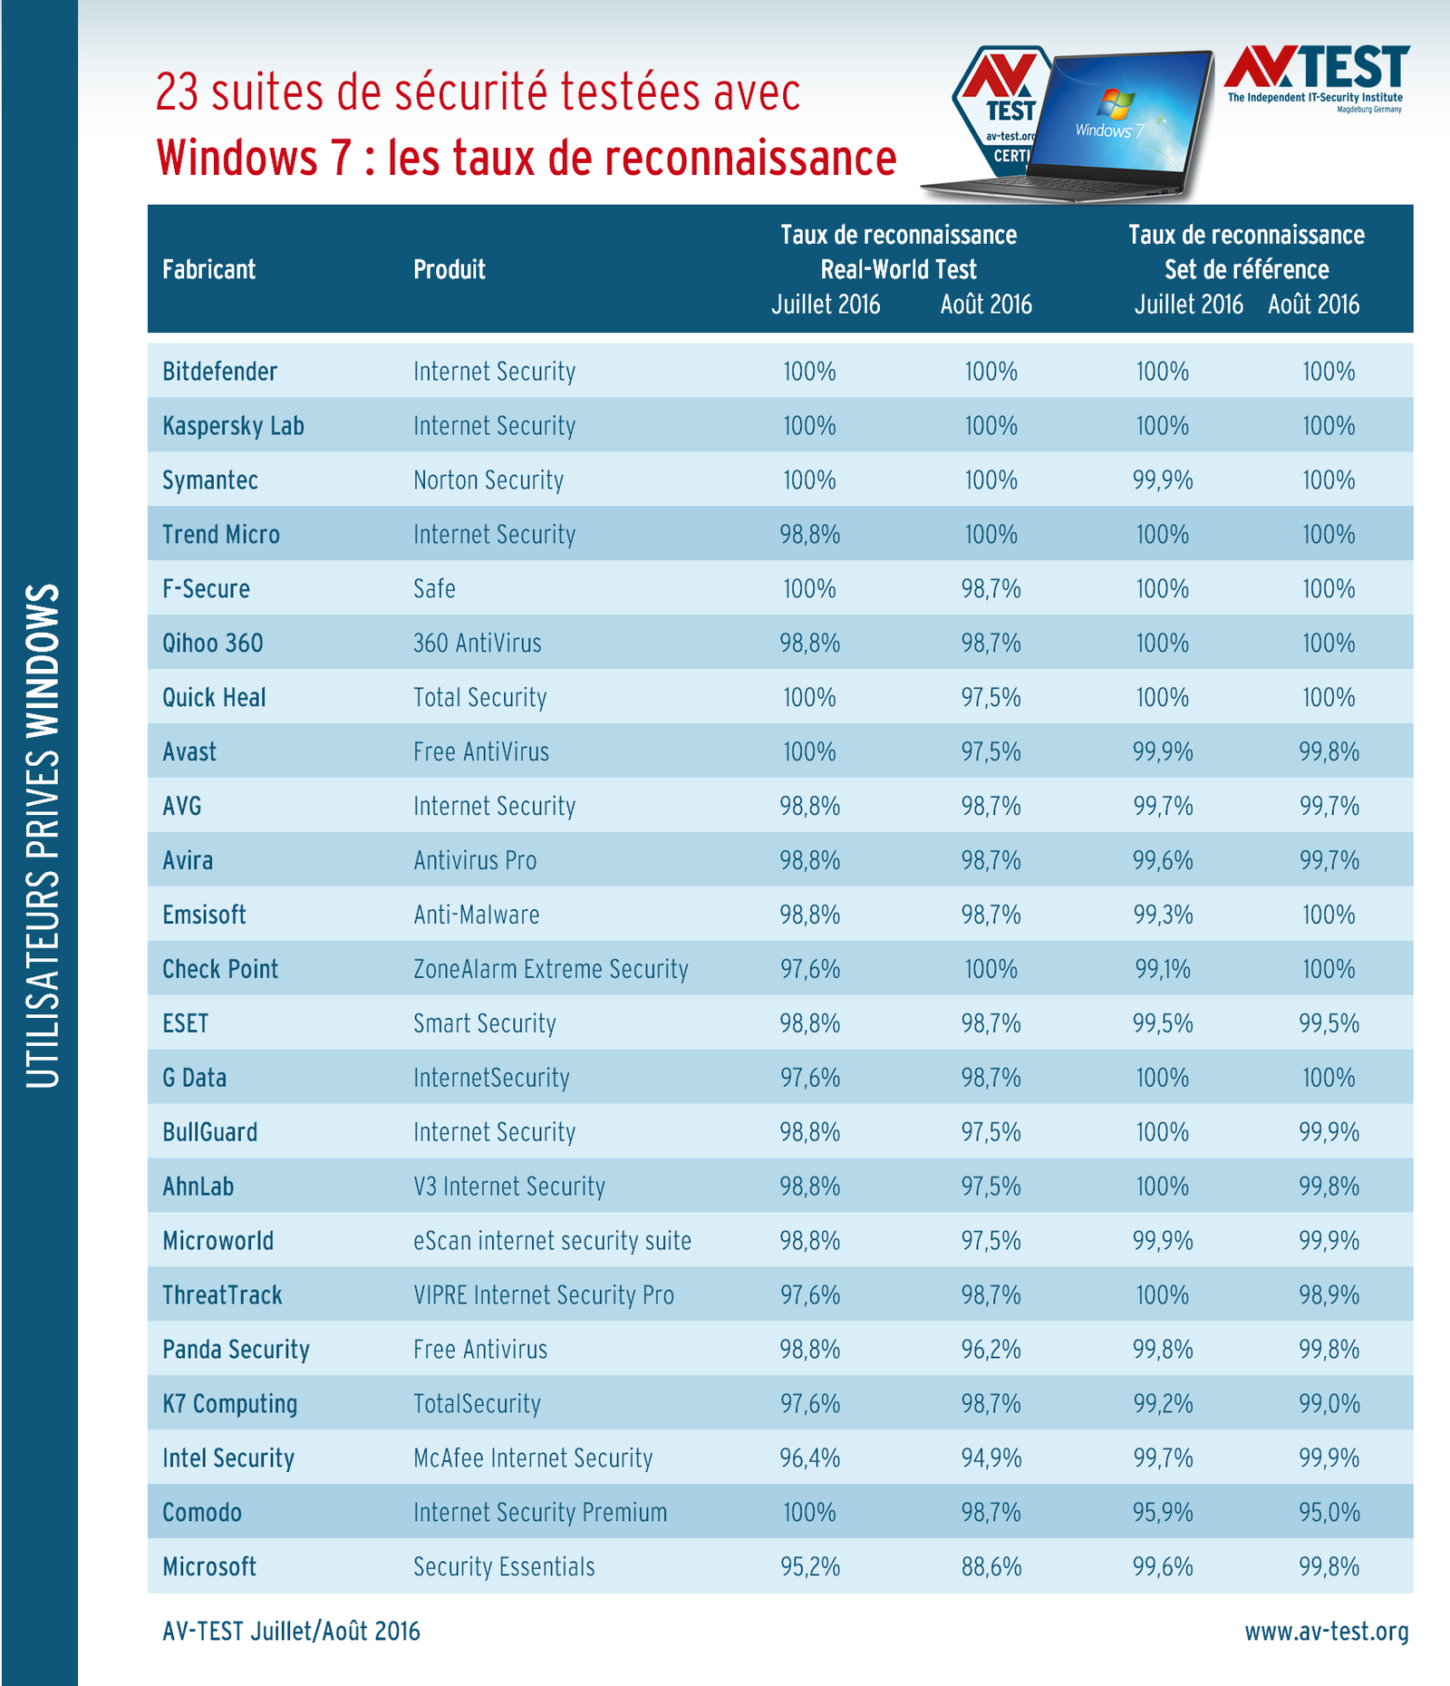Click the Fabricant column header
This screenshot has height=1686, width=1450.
tap(208, 269)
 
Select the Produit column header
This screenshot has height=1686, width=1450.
tap(449, 269)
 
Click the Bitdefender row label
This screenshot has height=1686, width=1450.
tap(219, 372)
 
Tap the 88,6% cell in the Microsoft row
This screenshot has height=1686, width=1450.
tap(991, 1567)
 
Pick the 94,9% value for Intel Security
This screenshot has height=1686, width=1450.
tap(991, 1458)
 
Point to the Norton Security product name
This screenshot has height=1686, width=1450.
tap(488, 480)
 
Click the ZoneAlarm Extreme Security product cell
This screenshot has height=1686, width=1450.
tap(550, 969)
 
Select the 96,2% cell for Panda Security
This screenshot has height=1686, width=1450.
tap(991, 1350)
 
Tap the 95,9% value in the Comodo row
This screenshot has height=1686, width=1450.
tap(1162, 1513)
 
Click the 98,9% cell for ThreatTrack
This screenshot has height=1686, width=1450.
tap(1329, 1295)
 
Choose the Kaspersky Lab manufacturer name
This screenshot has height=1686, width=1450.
tap(233, 426)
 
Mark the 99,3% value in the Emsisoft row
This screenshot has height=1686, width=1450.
tap(1162, 915)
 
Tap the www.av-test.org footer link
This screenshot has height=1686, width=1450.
tap(1326, 1632)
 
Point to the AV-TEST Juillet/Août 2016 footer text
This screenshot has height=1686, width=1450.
tap(291, 1632)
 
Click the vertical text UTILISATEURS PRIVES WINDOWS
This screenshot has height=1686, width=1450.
tap(42, 834)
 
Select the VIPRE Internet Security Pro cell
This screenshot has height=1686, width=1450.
tap(543, 1295)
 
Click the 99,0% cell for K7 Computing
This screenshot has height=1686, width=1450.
tap(1329, 1404)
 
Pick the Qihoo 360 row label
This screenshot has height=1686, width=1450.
tap(212, 644)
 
